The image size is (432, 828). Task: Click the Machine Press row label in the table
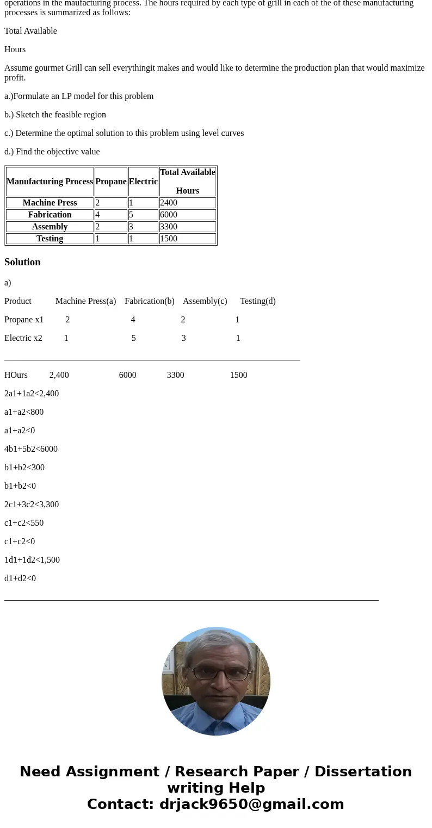coord(50,203)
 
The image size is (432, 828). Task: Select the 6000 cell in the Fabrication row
coord(169,215)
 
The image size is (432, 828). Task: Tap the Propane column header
coord(111,182)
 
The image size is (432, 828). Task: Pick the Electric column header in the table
coord(143,182)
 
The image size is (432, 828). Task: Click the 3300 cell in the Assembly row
coord(169,227)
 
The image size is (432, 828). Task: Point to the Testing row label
coord(50,239)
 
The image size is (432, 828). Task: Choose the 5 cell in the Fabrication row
coord(131,215)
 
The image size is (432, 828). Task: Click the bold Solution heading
coord(22,262)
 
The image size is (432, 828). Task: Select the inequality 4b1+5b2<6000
coord(31,449)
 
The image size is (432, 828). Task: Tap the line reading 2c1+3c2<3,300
coord(32,505)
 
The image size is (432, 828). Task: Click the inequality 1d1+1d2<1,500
coord(32,560)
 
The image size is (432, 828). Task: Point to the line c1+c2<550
coord(24,523)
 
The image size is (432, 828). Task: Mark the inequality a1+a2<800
coord(24,412)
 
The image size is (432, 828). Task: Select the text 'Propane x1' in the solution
coord(24,320)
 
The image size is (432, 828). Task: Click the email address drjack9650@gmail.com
coord(251,805)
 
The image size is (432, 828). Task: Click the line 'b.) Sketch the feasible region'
coord(55,115)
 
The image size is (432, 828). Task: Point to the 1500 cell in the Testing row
coord(169,239)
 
